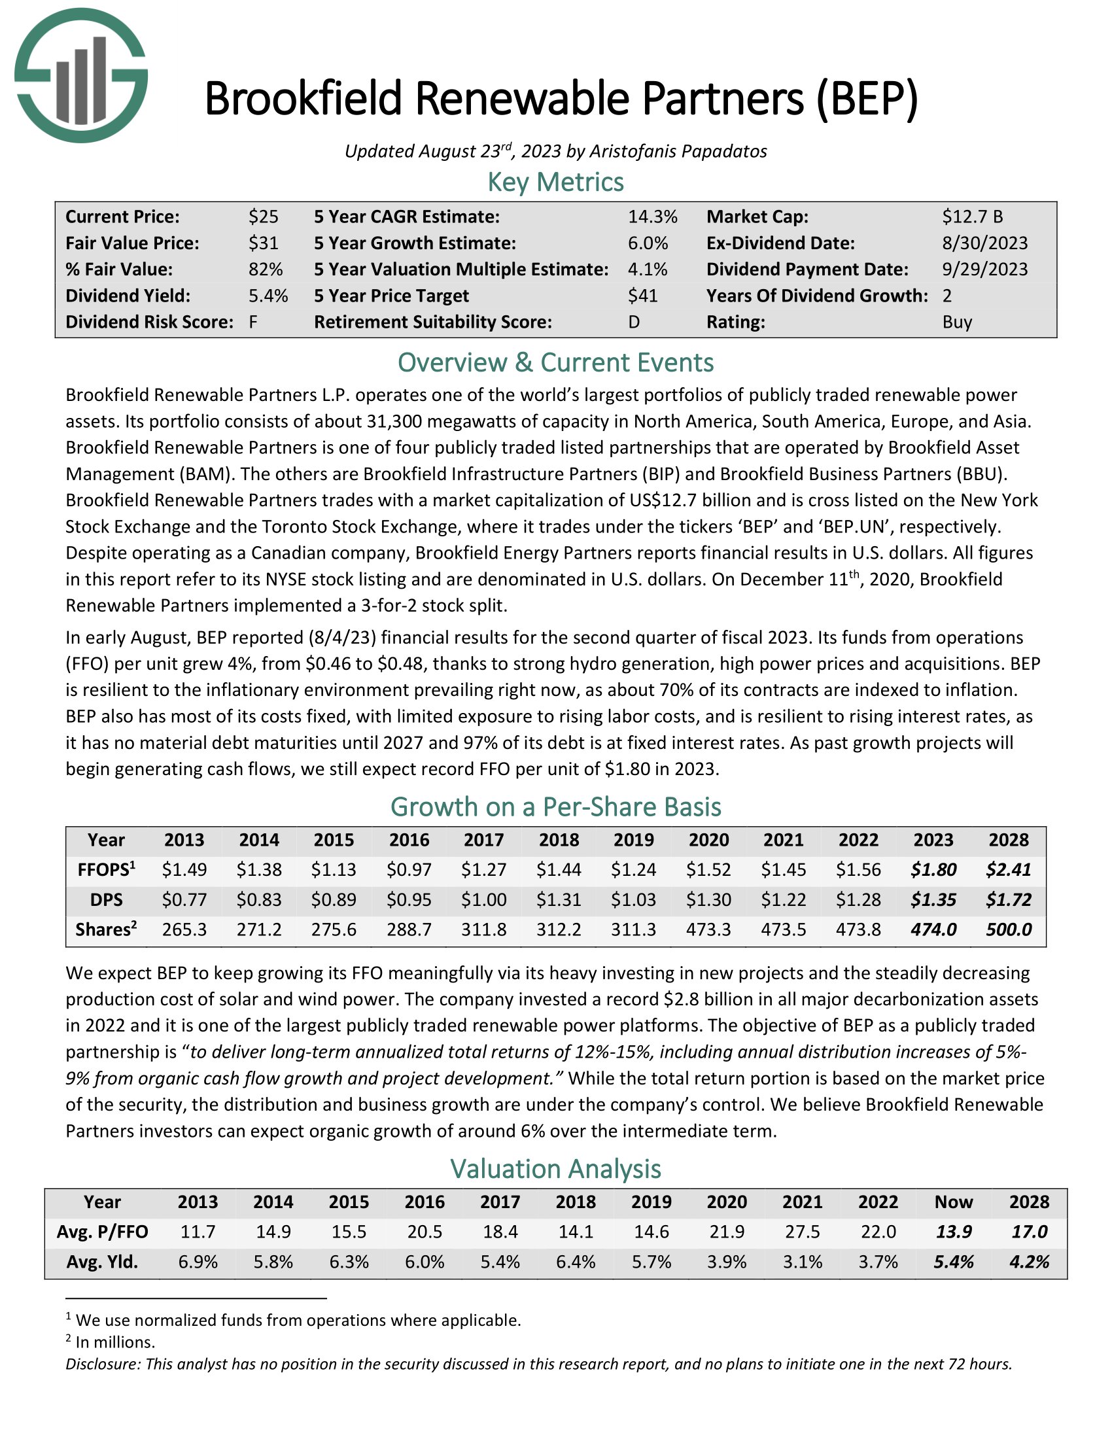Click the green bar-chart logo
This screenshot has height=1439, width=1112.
[x=81, y=76]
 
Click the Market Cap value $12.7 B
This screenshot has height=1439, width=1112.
[x=971, y=217]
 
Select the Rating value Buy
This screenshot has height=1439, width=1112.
[x=956, y=322]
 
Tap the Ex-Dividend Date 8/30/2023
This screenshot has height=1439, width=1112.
[x=984, y=243]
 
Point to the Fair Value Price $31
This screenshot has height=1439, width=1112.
[x=263, y=243]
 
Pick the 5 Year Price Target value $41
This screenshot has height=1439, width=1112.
[x=642, y=296]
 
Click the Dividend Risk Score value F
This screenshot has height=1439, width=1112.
[x=253, y=322]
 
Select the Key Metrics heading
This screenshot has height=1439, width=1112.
[x=555, y=182]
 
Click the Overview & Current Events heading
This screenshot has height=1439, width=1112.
[x=555, y=363]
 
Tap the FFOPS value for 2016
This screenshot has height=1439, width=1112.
[x=408, y=870]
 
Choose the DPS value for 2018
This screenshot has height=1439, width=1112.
[x=559, y=900]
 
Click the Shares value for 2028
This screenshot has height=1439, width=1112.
[x=1008, y=929]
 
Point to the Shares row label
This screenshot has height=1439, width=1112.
[x=105, y=929]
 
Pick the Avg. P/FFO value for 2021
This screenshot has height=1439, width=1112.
[x=802, y=1232]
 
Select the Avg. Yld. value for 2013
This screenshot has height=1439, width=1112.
[x=198, y=1262]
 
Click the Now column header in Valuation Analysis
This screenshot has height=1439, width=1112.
[x=953, y=1202]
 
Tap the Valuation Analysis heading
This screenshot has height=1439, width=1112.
[x=555, y=1169]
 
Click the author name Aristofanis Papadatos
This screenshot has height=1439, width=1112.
[x=677, y=152]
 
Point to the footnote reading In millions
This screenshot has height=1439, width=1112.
[x=115, y=1342]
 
